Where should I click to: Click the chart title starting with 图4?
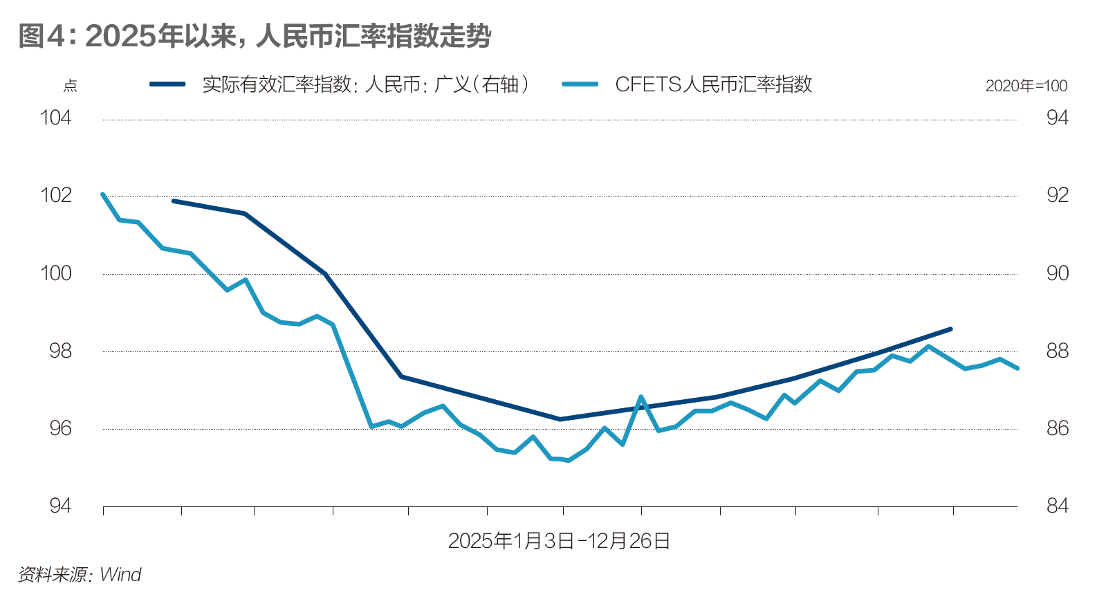[254, 36]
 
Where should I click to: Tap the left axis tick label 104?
[55, 118]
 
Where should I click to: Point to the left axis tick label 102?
[55, 195]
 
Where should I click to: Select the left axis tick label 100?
[55, 273]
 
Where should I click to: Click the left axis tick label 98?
[59, 351]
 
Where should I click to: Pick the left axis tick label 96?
[59, 428]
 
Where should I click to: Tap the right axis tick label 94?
[1057, 118]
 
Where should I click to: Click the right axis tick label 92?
[1057, 195]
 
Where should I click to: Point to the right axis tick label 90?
[1057, 273]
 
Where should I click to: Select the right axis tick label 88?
[1057, 351]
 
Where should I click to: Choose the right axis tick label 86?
[1057, 428]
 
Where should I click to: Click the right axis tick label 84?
[1057, 506]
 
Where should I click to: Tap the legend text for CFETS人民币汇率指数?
[713, 84]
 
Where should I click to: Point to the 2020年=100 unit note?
[1026, 86]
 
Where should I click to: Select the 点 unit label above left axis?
[70, 86]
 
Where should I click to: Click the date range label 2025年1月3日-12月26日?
[559, 541]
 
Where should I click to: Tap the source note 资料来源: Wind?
[79, 574]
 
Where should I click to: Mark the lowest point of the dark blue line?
[560, 419]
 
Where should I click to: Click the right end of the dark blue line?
[951, 329]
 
